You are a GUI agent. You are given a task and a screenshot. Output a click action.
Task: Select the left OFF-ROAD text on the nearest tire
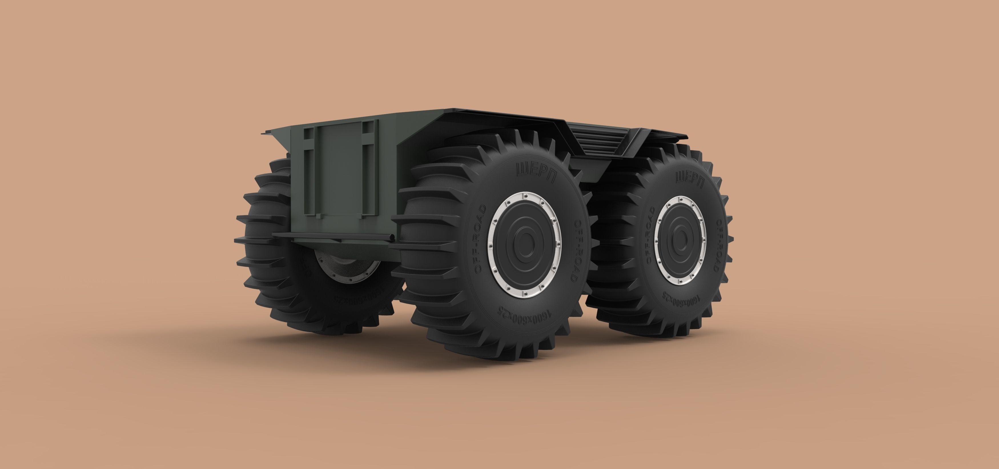point(480,238)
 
